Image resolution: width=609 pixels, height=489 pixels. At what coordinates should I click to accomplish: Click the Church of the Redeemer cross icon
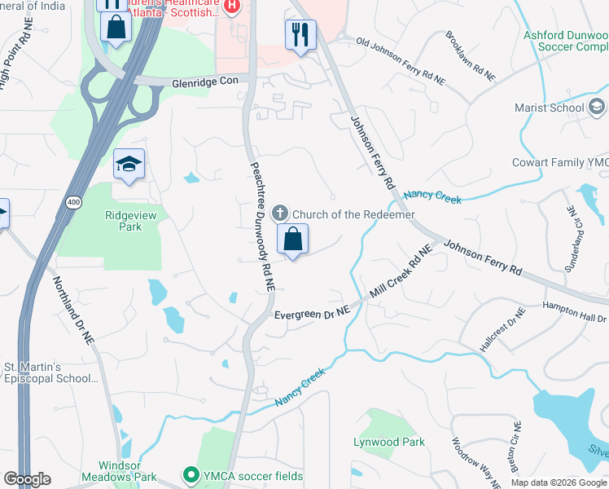click(x=279, y=214)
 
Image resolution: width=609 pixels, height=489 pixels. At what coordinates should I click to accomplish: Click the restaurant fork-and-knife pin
click(x=300, y=35)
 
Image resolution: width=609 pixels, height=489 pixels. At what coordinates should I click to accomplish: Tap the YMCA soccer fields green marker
click(x=191, y=474)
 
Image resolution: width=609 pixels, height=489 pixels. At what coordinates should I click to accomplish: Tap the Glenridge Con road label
click(x=205, y=82)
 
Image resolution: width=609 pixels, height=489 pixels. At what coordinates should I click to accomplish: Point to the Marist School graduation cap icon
click(x=596, y=107)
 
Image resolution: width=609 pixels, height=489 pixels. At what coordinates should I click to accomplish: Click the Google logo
click(x=28, y=479)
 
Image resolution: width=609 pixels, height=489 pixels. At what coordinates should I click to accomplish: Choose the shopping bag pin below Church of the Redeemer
click(x=293, y=240)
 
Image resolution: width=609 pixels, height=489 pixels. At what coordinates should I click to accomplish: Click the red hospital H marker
click(x=232, y=7)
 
